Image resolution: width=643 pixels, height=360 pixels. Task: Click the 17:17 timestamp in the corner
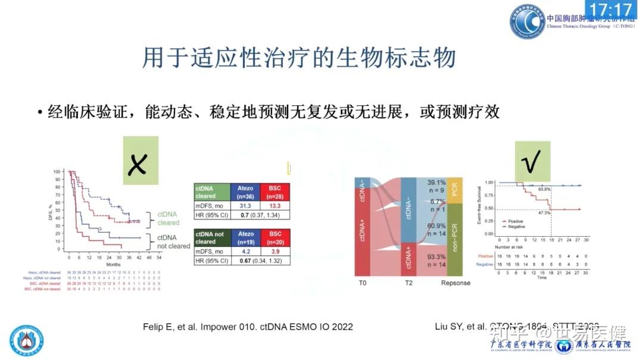click(x=611, y=10)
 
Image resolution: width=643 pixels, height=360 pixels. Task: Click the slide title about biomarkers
click(x=299, y=58)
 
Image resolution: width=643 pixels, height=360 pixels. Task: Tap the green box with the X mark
click(x=141, y=161)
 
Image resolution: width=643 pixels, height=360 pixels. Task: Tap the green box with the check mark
click(x=532, y=160)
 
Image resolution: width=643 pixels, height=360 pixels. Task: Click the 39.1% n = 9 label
click(x=436, y=187)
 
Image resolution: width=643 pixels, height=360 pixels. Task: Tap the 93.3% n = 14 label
click(x=436, y=260)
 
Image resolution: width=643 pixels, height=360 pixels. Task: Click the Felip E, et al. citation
click(x=248, y=327)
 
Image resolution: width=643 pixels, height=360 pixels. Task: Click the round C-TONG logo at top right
click(x=526, y=22)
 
